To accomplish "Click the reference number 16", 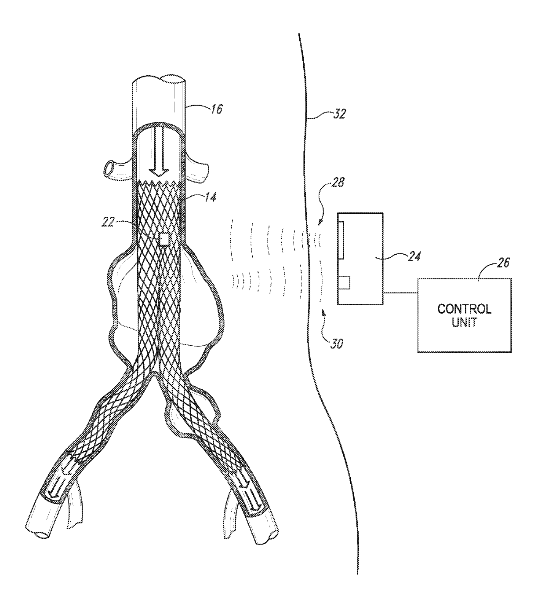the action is [217, 109].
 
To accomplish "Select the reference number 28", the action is [338, 183].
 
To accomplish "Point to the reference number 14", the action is [211, 197].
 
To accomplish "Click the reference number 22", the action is [108, 223].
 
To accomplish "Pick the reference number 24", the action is [414, 256].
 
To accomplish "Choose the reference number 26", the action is [503, 263].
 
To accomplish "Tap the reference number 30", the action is [336, 344].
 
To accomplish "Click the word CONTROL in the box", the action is [464, 309].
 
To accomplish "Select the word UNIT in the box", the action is [465, 322].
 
